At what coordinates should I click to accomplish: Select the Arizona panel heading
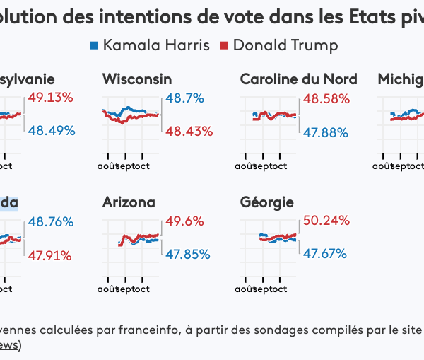[129, 203]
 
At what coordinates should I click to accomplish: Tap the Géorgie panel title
[267, 203]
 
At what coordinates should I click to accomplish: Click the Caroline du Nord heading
[298, 79]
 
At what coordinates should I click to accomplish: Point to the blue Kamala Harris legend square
[93, 46]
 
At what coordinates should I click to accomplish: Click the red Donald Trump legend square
[223, 46]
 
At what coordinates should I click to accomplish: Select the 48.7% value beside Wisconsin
[184, 98]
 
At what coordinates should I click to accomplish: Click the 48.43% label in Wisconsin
[189, 132]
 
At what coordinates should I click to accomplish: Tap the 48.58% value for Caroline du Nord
[326, 98]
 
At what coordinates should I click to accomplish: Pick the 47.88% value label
[326, 132]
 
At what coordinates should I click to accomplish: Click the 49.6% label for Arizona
[184, 221]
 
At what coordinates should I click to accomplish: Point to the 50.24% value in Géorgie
[326, 221]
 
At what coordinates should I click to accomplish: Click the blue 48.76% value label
[51, 221]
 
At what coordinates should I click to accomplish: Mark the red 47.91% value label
[51, 255]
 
